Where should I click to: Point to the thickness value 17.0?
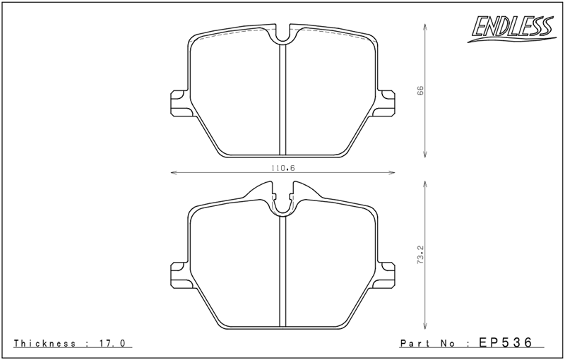112,343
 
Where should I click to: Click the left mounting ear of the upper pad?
179,102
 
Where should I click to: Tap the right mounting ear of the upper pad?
386,102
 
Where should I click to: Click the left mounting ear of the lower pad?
179,272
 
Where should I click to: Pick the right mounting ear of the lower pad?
386,272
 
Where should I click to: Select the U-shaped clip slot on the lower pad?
282,203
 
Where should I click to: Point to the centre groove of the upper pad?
282,99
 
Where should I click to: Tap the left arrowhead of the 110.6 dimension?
173,172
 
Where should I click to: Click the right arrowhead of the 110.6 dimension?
392,172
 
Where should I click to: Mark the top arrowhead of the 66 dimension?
424,25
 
